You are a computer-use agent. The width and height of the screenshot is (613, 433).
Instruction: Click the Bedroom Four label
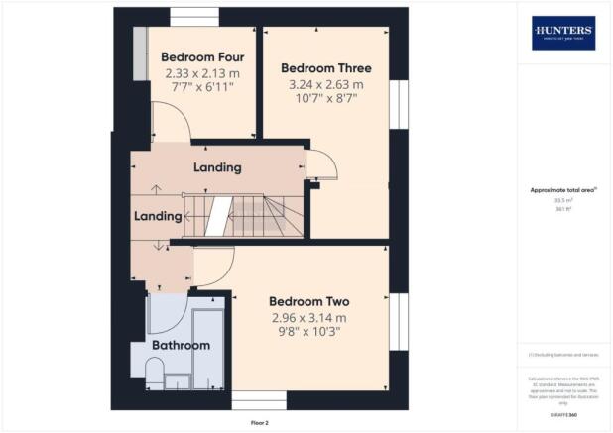tap(201, 57)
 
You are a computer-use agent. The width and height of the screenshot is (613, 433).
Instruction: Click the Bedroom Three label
tap(325, 68)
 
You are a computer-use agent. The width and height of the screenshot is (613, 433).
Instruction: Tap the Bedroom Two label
tap(310, 301)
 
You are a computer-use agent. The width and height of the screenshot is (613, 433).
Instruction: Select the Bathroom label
tap(181, 345)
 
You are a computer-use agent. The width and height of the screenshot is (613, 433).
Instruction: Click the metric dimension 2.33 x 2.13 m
tap(201, 73)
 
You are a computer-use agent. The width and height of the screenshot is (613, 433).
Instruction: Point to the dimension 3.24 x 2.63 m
tap(325, 85)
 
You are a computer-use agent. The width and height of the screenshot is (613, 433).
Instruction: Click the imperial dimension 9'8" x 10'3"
tap(310, 333)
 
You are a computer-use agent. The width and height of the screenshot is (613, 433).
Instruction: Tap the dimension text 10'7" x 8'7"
tap(325, 99)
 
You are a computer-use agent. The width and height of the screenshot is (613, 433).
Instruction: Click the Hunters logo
tap(563, 33)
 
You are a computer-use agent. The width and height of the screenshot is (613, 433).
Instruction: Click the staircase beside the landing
tap(243, 215)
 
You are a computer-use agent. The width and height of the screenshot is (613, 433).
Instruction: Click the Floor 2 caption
tap(260, 423)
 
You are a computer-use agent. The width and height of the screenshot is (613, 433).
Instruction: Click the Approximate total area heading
tap(562, 189)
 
